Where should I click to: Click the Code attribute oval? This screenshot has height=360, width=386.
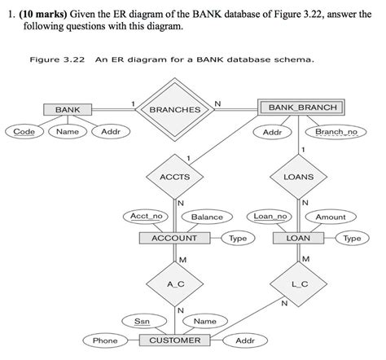[x=23, y=131]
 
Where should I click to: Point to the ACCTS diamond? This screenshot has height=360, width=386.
[x=174, y=176]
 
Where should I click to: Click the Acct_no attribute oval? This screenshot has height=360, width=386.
[x=147, y=217]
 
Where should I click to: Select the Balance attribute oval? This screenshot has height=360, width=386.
[x=207, y=217]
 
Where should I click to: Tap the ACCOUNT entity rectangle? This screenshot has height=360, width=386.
[x=174, y=238]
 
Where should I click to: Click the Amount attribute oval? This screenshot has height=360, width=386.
[x=331, y=217]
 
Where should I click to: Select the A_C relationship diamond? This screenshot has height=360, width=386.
[x=174, y=283]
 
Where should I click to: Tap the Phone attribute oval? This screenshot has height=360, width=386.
[x=104, y=340]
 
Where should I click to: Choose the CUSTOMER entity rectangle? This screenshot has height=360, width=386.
[x=174, y=340]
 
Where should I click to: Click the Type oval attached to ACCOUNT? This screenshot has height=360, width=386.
[x=238, y=238]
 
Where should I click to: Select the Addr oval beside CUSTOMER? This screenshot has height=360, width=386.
[x=244, y=340]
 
